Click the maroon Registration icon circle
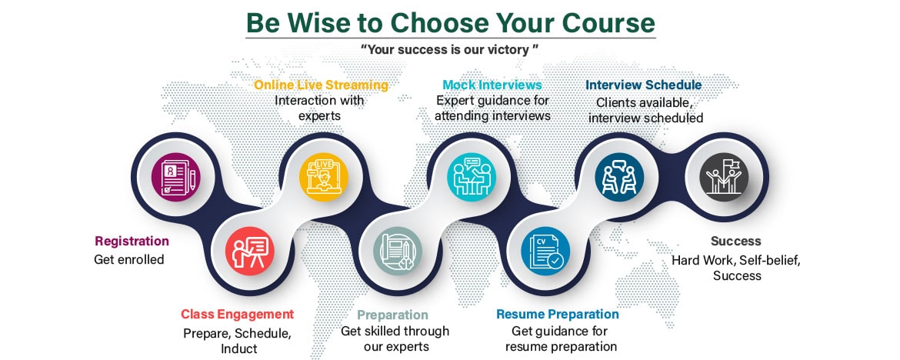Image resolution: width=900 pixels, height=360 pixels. (175, 177)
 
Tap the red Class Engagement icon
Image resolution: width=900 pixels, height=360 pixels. (250, 251)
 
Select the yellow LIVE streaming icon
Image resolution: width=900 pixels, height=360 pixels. (324, 177)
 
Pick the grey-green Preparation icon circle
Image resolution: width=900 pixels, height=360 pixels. (398, 251)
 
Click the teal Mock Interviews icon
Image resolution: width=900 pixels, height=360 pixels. (472, 177)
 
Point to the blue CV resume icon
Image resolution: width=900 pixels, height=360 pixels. (546, 251)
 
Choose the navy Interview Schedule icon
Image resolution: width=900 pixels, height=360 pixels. (619, 177)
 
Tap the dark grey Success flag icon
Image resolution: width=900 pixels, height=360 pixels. (725, 177)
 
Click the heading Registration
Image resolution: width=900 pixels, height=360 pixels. (132, 241)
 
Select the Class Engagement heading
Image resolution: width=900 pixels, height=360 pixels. (237, 314)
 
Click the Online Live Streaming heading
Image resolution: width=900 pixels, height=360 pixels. (322, 85)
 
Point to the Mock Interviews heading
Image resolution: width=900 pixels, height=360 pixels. (492, 85)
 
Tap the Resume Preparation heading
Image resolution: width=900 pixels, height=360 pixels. (558, 314)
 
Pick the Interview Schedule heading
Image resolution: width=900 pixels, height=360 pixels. (643, 85)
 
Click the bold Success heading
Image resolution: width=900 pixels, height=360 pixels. (736, 241)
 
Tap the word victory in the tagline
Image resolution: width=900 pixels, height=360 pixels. (511, 49)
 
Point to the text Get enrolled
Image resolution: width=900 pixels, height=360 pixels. (129, 259)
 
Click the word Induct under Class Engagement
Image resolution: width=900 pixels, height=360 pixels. (238, 348)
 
